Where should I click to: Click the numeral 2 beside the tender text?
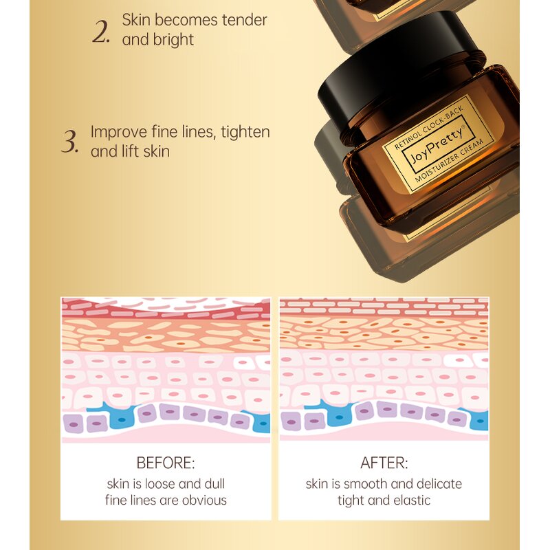coord(100,32)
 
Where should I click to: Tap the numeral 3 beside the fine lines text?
coord(69,142)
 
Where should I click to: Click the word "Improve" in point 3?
coord(119,132)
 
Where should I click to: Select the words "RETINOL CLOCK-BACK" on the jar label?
coord(428,127)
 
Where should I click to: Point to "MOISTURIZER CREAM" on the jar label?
coord(450,160)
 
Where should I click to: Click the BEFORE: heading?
coord(166,463)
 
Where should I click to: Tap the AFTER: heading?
coord(384,463)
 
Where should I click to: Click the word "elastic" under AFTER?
coord(412,500)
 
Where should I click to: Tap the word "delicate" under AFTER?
coord(439,484)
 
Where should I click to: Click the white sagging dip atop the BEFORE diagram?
coord(166,302)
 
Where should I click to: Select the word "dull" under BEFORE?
coord(214,484)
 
